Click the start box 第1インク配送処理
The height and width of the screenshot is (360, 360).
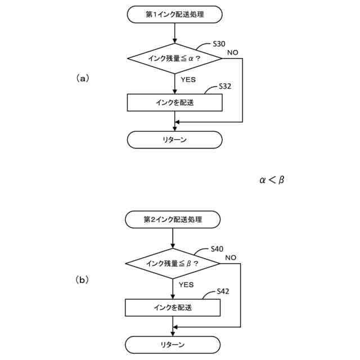[175, 15]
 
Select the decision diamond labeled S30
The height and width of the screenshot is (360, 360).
[175, 58]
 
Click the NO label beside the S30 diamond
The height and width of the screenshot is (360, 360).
[232, 52]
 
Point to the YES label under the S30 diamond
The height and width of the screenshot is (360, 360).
[188, 79]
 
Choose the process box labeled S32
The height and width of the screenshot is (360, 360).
[175, 102]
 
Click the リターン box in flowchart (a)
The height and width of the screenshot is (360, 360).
[175, 139]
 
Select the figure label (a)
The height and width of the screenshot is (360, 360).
[82, 79]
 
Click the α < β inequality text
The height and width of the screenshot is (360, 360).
[272, 180]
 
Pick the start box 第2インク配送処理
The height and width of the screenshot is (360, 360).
[173, 219]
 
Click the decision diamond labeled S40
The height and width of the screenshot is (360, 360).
[173, 263]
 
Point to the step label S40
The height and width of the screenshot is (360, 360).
[217, 248]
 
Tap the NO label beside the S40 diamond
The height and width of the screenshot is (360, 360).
[231, 258]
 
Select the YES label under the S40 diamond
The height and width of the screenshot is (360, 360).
[186, 285]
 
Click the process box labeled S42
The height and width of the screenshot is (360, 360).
[173, 308]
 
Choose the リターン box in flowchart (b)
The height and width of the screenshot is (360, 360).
[173, 344]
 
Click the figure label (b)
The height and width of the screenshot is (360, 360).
[82, 279]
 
